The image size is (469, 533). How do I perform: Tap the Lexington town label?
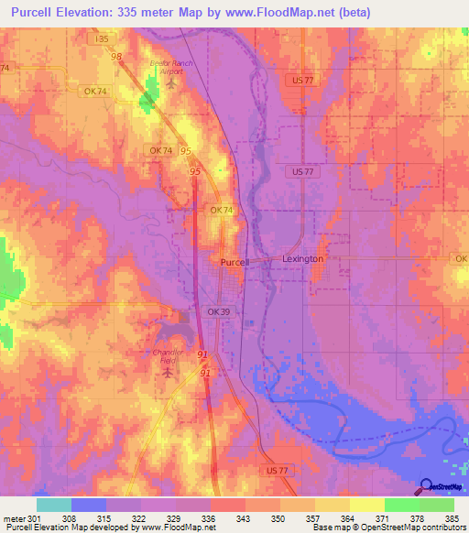tap(302, 259)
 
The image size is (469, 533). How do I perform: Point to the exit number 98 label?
tap(116, 57)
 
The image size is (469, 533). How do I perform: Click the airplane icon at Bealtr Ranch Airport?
tap(171, 84)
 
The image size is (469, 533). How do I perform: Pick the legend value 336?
tap(210, 517)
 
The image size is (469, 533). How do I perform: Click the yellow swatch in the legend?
tap(367, 505)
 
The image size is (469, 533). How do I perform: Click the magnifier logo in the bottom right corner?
tap(426, 486)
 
